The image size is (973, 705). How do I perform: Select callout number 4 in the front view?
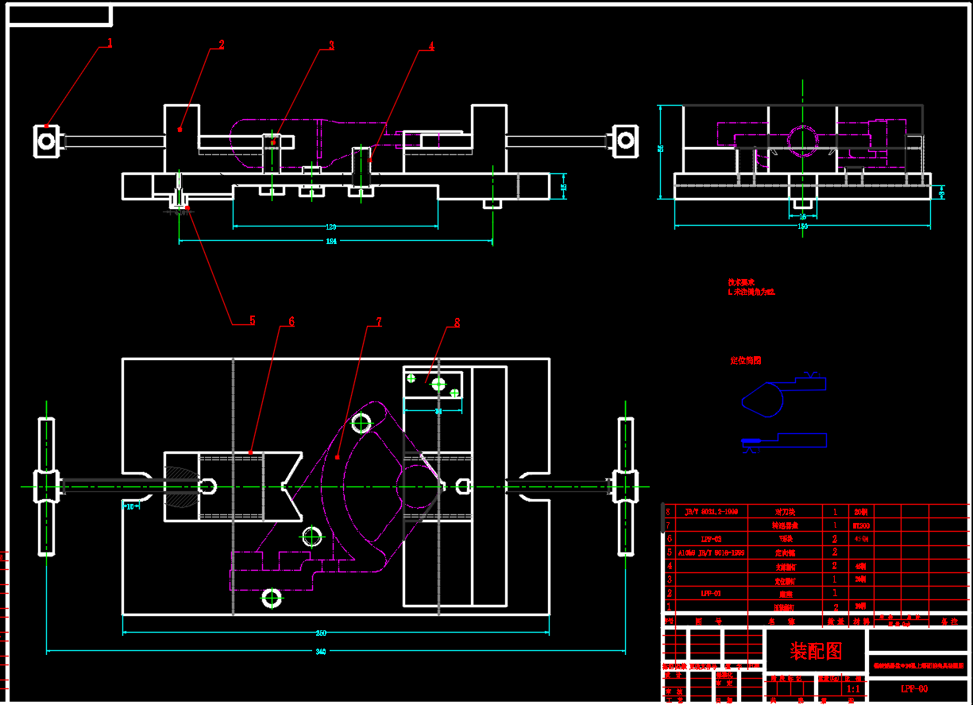(x=431, y=46)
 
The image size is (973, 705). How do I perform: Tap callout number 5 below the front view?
(x=252, y=321)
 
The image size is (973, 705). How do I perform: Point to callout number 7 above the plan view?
(x=379, y=322)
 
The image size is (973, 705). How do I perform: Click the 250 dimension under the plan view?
(x=321, y=633)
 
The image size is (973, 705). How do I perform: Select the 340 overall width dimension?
(x=321, y=652)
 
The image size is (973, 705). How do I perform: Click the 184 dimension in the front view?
(x=331, y=241)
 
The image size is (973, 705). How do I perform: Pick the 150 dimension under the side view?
(x=802, y=227)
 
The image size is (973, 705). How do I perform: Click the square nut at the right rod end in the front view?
(x=625, y=141)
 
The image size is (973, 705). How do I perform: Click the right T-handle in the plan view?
(x=626, y=486)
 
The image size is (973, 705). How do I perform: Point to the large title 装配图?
(x=815, y=652)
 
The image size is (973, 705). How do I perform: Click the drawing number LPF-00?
(x=913, y=688)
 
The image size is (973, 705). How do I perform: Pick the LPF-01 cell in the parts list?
(x=711, y=593)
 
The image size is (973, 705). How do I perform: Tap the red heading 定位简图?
(x=746, y=361)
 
